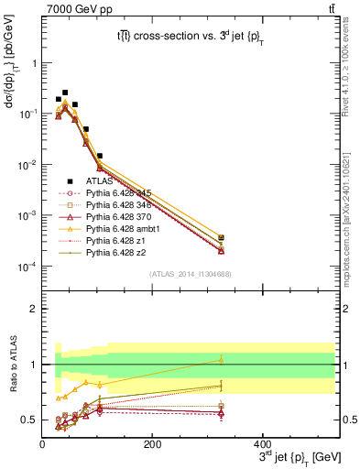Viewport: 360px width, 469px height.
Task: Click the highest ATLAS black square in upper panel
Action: tap(65, 93)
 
